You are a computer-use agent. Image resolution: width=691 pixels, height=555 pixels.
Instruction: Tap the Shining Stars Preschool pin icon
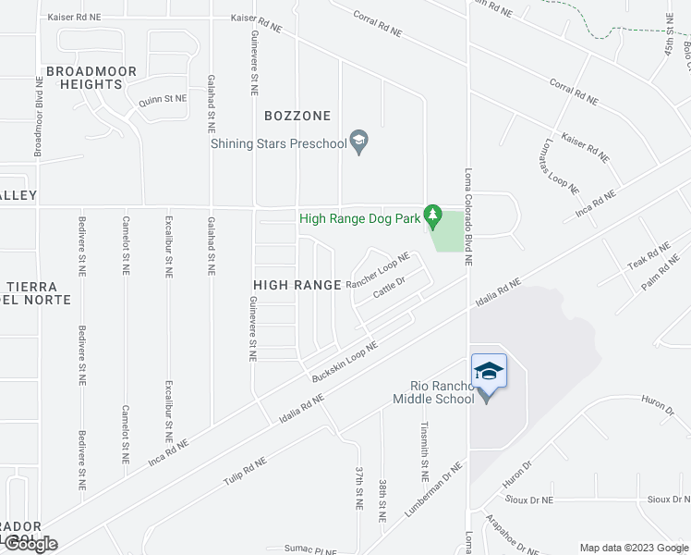pos(359,142)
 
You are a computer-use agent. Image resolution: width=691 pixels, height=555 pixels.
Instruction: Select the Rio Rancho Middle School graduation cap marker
pos(489,371)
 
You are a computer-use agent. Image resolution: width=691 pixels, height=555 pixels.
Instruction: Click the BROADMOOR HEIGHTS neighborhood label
pos(91,78)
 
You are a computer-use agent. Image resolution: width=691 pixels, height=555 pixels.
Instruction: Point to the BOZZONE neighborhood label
pos(297,116)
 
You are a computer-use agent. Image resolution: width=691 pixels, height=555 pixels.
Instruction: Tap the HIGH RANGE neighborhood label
pos(297,285)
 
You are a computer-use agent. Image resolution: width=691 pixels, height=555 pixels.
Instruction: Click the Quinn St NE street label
pos(163,98)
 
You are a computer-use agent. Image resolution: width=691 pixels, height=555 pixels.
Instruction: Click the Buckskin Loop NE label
pos(345,361)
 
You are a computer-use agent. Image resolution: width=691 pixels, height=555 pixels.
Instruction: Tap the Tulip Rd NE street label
pos(244,473)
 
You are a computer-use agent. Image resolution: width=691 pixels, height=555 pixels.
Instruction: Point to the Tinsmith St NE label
pos(424,452)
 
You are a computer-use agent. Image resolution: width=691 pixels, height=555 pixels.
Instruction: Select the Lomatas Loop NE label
pos(560,167)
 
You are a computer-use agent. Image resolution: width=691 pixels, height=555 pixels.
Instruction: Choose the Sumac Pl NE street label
pos(311,549)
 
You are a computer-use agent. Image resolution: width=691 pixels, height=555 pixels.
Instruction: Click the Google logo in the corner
pos(30,544)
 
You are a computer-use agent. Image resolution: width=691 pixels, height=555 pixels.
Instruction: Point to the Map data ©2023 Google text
pos(634,548)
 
